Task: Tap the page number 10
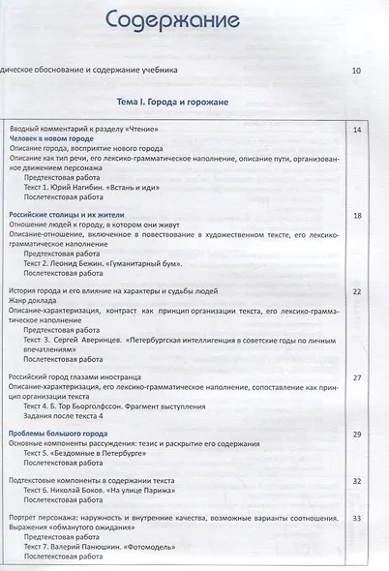356,72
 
